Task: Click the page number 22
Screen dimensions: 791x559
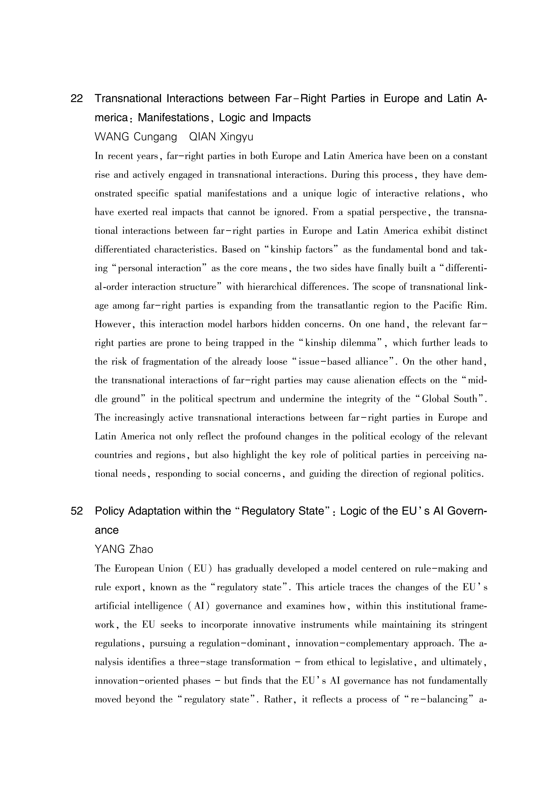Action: click(x=76, y=99)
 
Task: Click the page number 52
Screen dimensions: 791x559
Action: click(x=76, y=511)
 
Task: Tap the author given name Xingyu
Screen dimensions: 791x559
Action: click(x=236, y=137)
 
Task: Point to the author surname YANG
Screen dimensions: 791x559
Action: click(x=110, y=549)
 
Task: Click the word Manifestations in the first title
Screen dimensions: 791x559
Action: click(x=173, y=118)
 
